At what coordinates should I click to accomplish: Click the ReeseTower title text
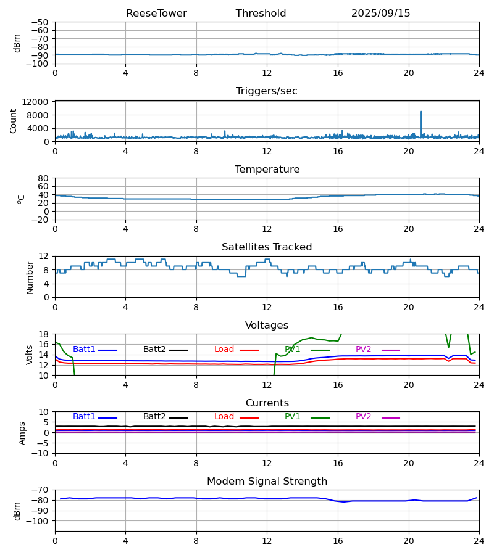click(x=156, y=14)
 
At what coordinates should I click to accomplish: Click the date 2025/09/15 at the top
click(x=380, y=14)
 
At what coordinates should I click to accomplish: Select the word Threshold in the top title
click(x=261, y=14)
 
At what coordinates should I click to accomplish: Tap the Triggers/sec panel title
click(x=267, y=91)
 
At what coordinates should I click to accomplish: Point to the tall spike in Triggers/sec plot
click(x=421, y=113)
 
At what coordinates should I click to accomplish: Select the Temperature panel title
click(x=267, y=170)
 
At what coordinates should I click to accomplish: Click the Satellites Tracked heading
click(x=267, y=247)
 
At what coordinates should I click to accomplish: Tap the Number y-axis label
click(x=30, y=277)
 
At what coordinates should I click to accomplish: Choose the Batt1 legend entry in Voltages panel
click(x=84, y=350)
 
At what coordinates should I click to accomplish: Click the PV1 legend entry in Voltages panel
click(x=293, y=350)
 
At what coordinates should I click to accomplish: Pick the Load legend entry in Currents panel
click(x=224, y=417)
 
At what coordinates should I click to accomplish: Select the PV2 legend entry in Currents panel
click(x=363, y=417)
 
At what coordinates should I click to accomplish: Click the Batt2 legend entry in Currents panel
click(x=154, y=417)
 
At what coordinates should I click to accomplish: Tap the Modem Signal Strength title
click(x=267, y=482)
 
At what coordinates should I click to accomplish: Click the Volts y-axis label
click(x=30, y=355)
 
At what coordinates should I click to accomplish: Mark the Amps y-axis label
click(x=23, y=433)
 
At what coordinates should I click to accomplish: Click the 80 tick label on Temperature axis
click(x=44, y=178)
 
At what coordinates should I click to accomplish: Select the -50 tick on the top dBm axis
click(x=41, y=22)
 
